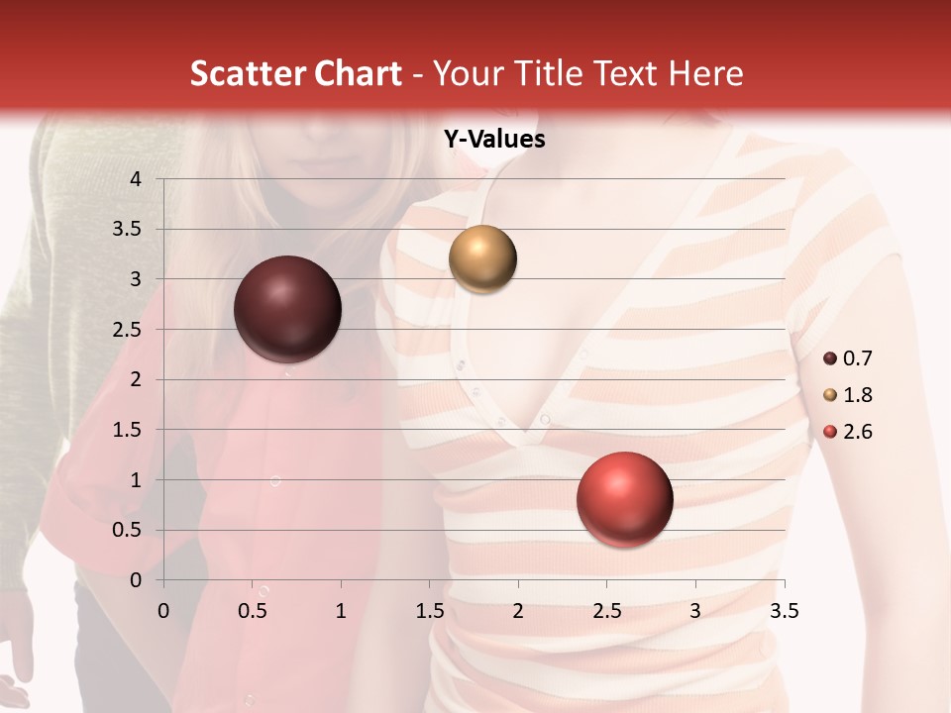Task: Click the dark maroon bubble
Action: coord(288,309)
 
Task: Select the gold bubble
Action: coord(482,259)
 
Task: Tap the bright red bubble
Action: coord(624,499)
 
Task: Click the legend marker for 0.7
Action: coord(830,358)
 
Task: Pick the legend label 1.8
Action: coord(857,395)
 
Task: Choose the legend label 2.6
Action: coord(857,432)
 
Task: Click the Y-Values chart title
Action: coord(494,140)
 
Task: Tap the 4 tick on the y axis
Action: coord(137,179)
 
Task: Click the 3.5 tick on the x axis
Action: coord(784,611)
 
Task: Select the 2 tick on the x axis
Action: coord(518,611)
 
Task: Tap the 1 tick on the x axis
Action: coord(341,611)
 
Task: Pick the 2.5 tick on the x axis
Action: coord(606,611)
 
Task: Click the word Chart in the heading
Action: coord(358,73)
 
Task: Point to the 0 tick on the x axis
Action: coord(163,611)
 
